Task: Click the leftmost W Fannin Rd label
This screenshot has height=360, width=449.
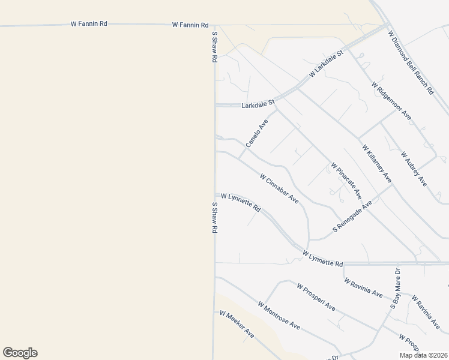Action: [89, 24]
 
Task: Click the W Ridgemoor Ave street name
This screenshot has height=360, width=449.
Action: [391, 101]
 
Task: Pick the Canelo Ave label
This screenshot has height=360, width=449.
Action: [257, 133]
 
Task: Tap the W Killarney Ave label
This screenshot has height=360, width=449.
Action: [376, 164]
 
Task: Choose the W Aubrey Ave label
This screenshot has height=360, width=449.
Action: [414, 169]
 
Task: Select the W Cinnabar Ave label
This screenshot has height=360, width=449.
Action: [279, 188]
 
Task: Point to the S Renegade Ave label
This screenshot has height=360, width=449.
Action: [353, 217]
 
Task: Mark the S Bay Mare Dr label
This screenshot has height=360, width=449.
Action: [395, 289]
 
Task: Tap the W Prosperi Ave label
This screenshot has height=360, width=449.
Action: [316, 296]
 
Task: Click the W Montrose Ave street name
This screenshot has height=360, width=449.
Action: [279, 315]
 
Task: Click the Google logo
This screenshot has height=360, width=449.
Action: [20, 353]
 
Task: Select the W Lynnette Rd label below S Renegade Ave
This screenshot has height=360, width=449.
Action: [323, 259]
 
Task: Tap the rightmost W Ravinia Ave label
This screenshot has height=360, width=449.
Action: [425, 311]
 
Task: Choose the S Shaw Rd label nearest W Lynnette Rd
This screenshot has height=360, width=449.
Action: [214, 217]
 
